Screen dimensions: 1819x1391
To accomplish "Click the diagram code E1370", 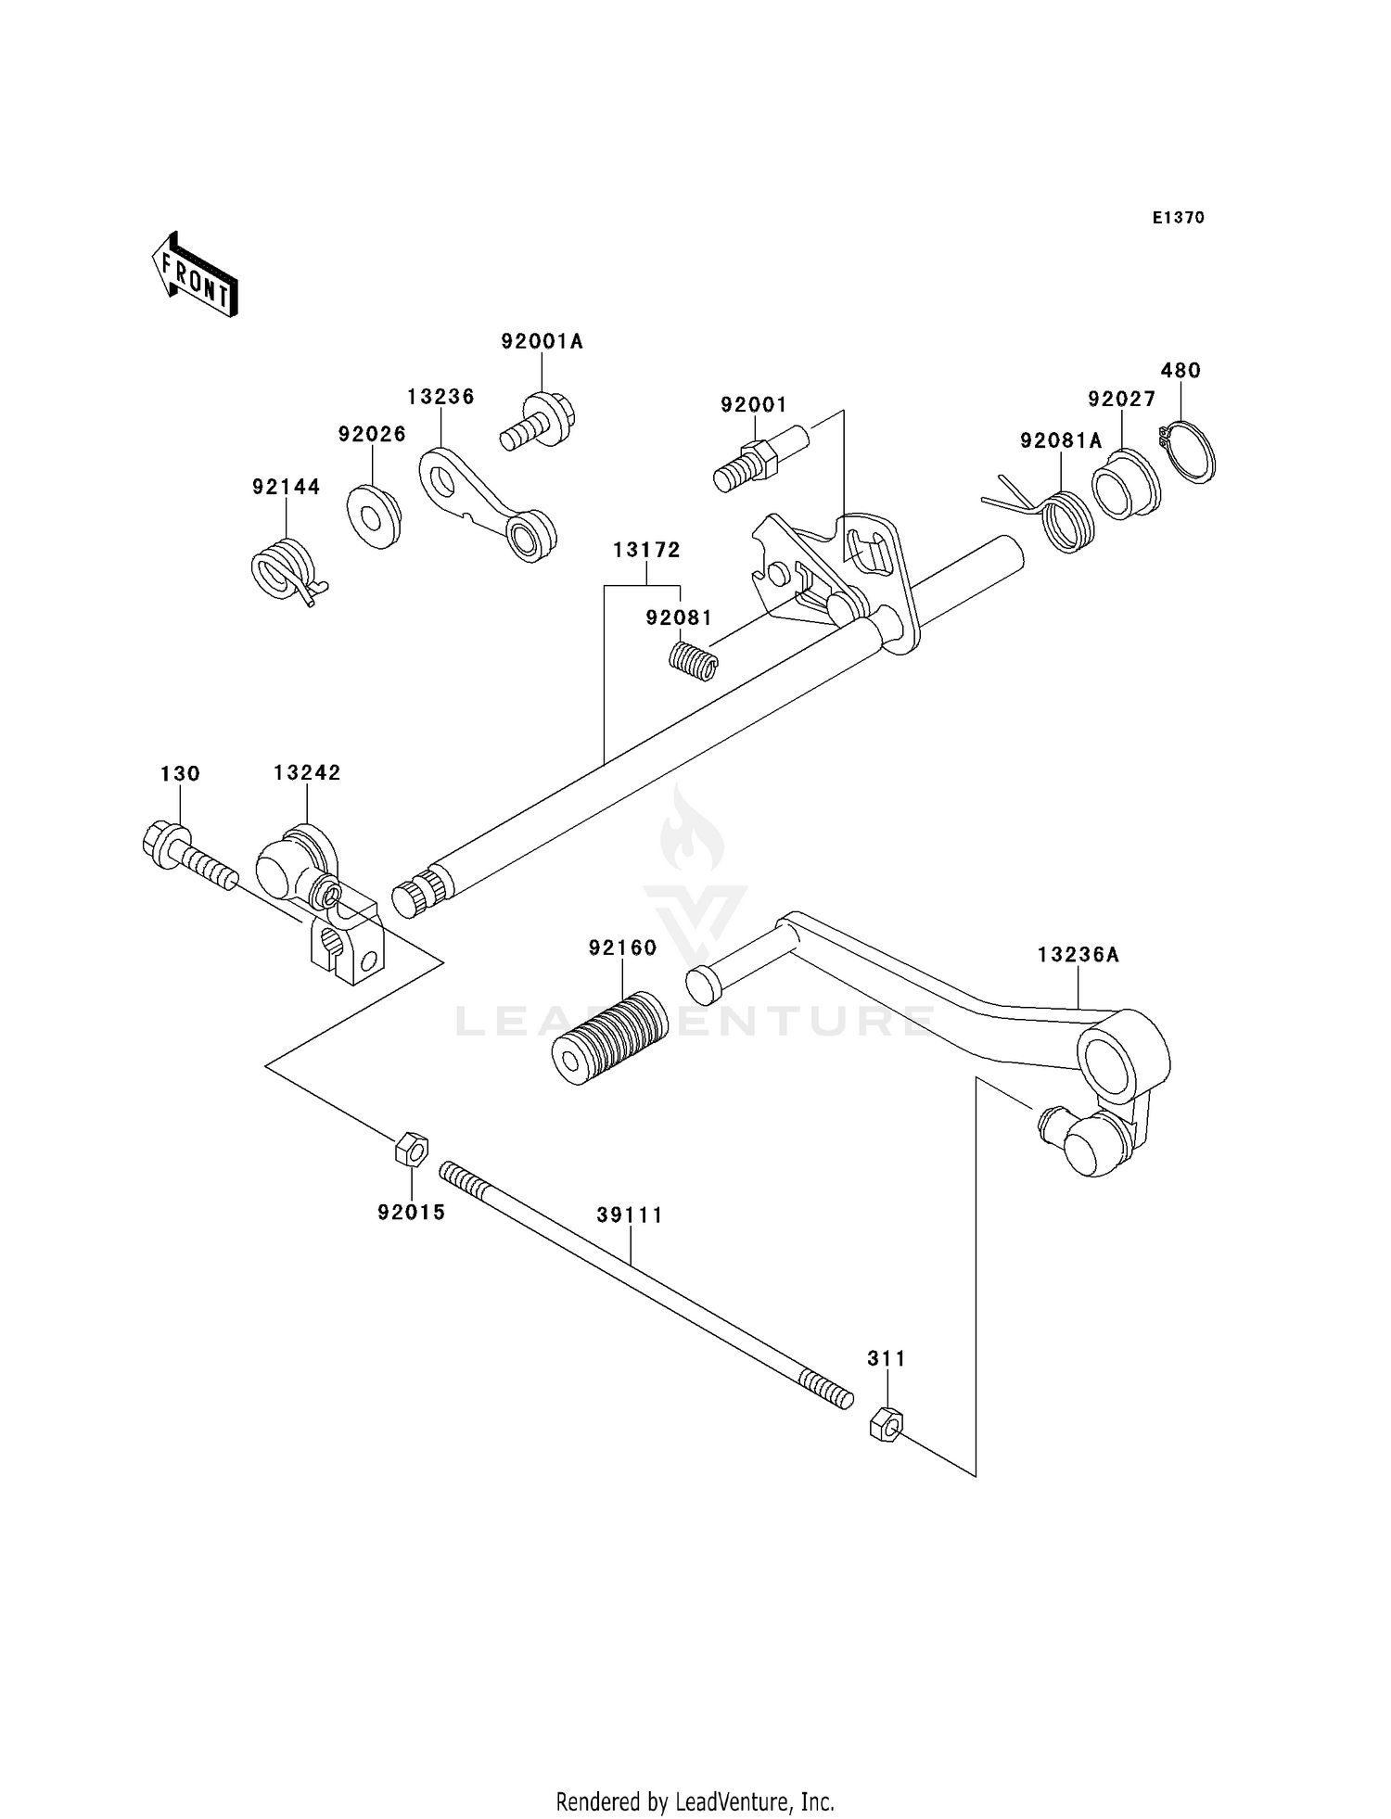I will tap(1178, 218).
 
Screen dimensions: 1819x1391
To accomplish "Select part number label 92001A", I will tap(542, 341).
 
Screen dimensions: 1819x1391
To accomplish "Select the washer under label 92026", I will tap(374, 515).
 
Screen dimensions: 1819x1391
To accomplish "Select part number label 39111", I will tap(630, 1215).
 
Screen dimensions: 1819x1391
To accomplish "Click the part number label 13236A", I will tap(1078, 954).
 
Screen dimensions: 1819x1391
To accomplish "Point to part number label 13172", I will tap(646, 550).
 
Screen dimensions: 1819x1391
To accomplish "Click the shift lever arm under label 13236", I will tap(486, 502).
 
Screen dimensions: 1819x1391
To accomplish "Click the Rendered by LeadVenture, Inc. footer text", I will tap(695, 1801).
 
